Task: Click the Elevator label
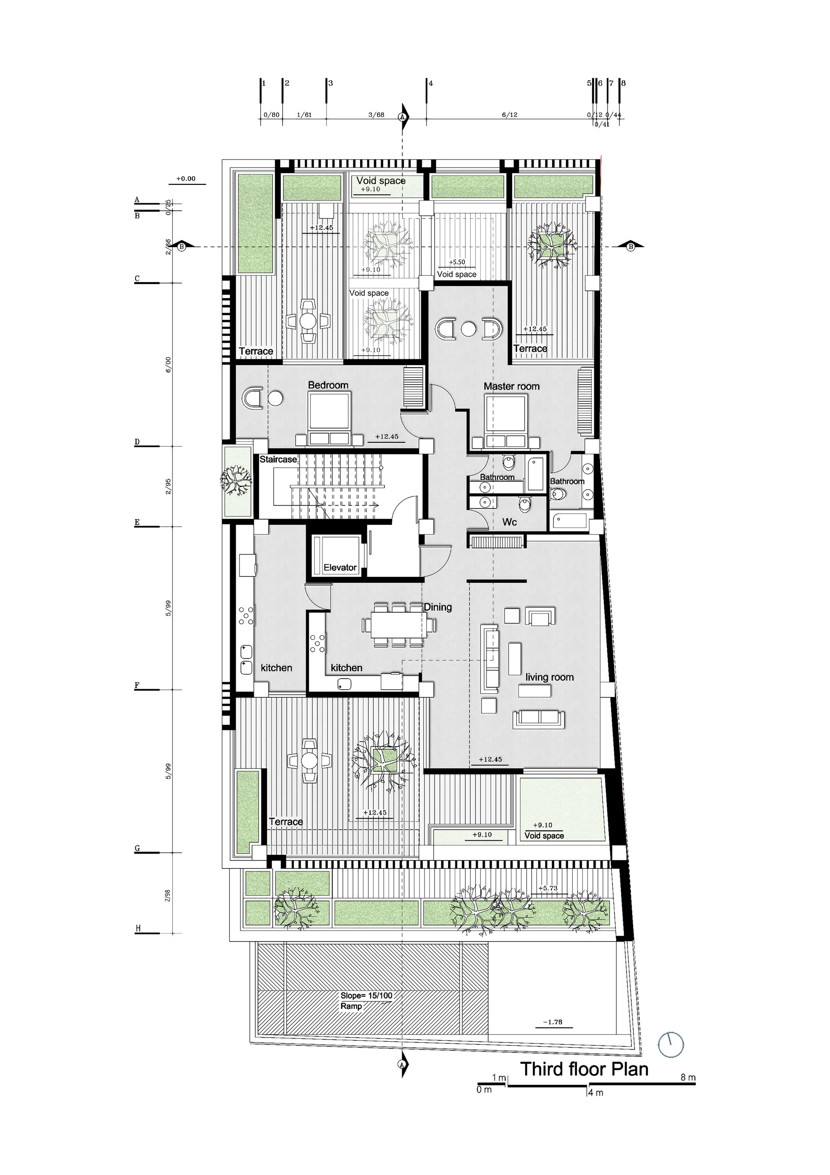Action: point(339,567)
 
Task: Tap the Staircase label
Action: point(278,459)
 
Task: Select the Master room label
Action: point(511,386)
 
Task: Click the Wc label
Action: point(509,522)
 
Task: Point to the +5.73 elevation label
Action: point(548,888)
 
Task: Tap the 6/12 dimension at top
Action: point(509,115)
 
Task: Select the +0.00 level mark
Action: point(186,179)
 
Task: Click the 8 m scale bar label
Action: point(688,1077)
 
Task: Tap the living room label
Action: point(549,677)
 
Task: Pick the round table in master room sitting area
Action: point(468,329)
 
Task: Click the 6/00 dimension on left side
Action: point(168,364)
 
